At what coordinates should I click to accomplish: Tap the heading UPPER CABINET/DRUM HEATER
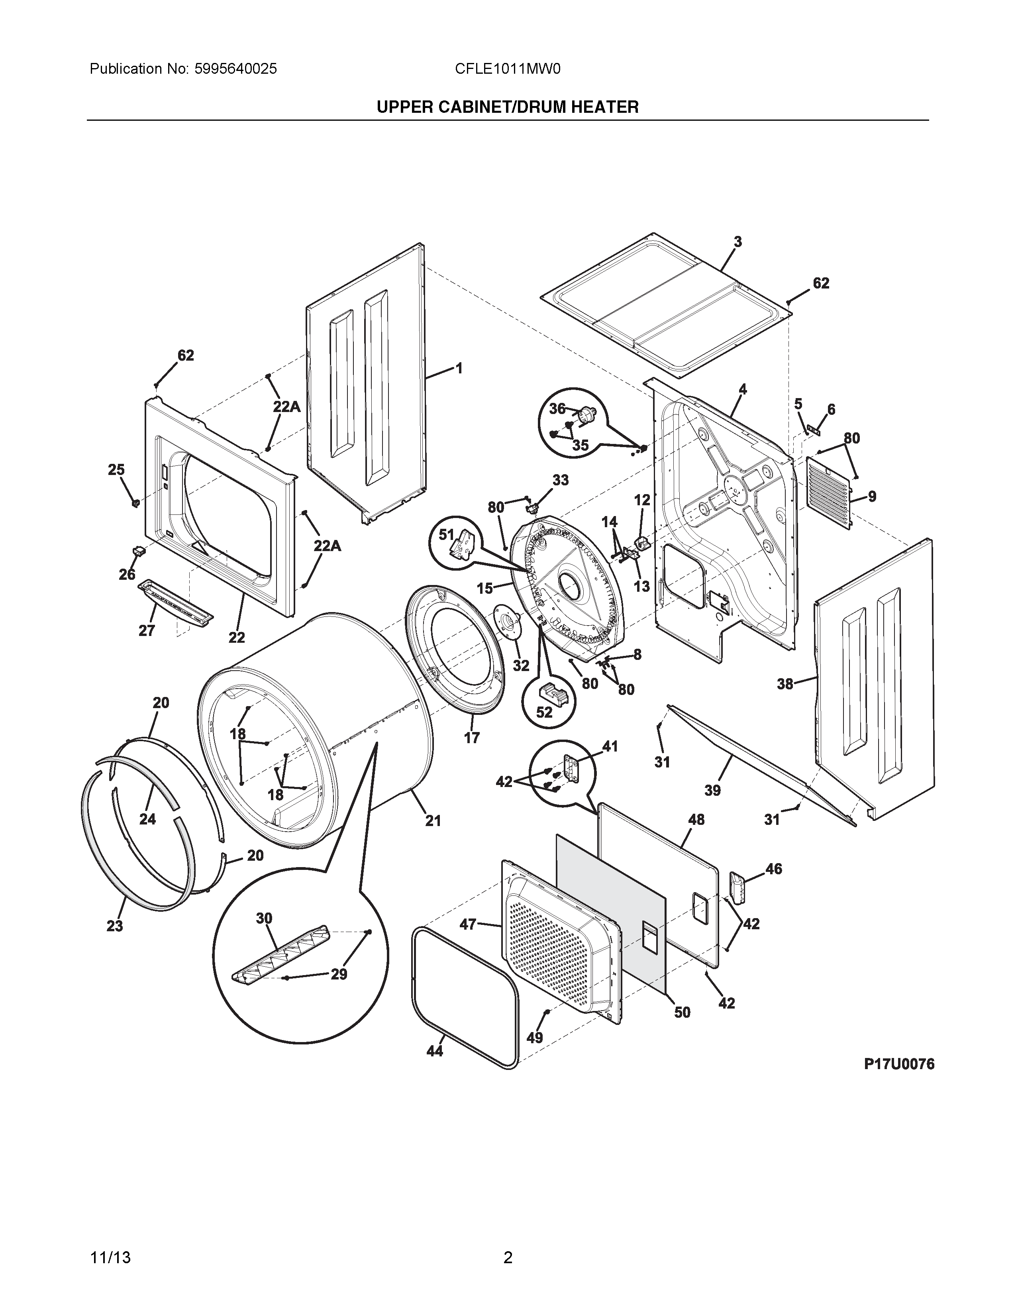[507, 107]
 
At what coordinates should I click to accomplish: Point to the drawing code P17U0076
[899, 1064]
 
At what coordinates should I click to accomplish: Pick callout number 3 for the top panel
[737, 242]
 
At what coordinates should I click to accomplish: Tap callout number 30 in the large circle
[264, 918]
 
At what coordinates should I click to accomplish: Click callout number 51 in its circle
[446, 534]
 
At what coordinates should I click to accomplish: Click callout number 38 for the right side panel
[784, 684]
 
